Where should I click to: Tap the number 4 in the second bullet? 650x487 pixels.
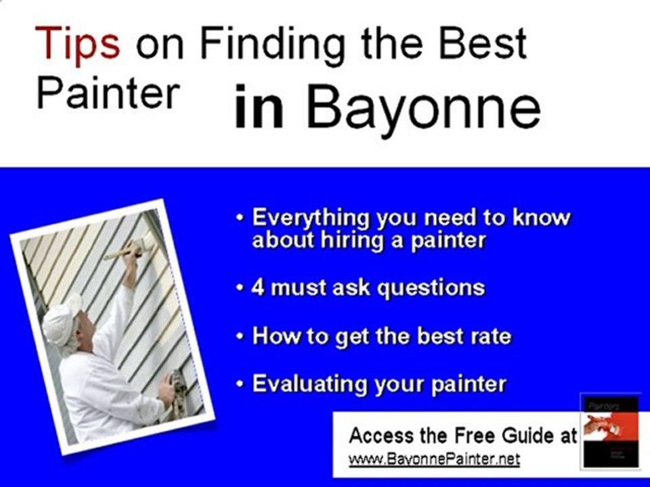click(x=257, y=288)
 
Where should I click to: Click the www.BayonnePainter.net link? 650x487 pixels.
click(x=434, y=460)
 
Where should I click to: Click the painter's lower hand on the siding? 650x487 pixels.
click(x=166, y=390)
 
